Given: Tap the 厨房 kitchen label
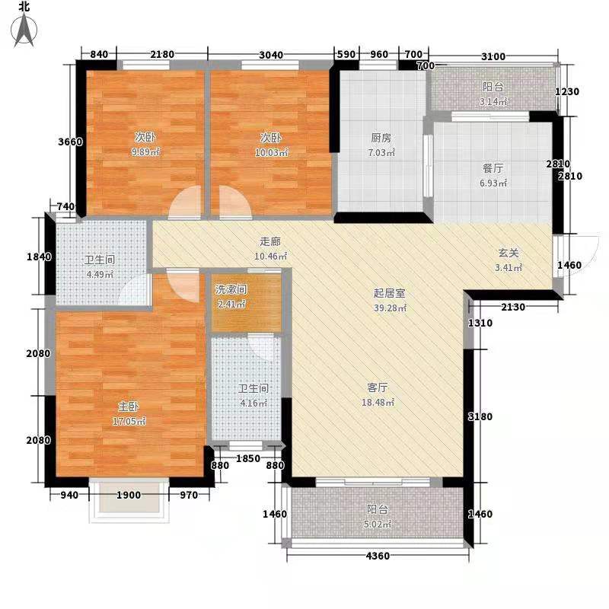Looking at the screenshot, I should (381, 139).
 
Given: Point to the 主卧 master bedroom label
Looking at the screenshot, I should (126, 407).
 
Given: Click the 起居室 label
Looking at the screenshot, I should (387, 293).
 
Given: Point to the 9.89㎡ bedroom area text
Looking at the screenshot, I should (145, 152).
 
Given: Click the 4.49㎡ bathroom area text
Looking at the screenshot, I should (99, 275).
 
